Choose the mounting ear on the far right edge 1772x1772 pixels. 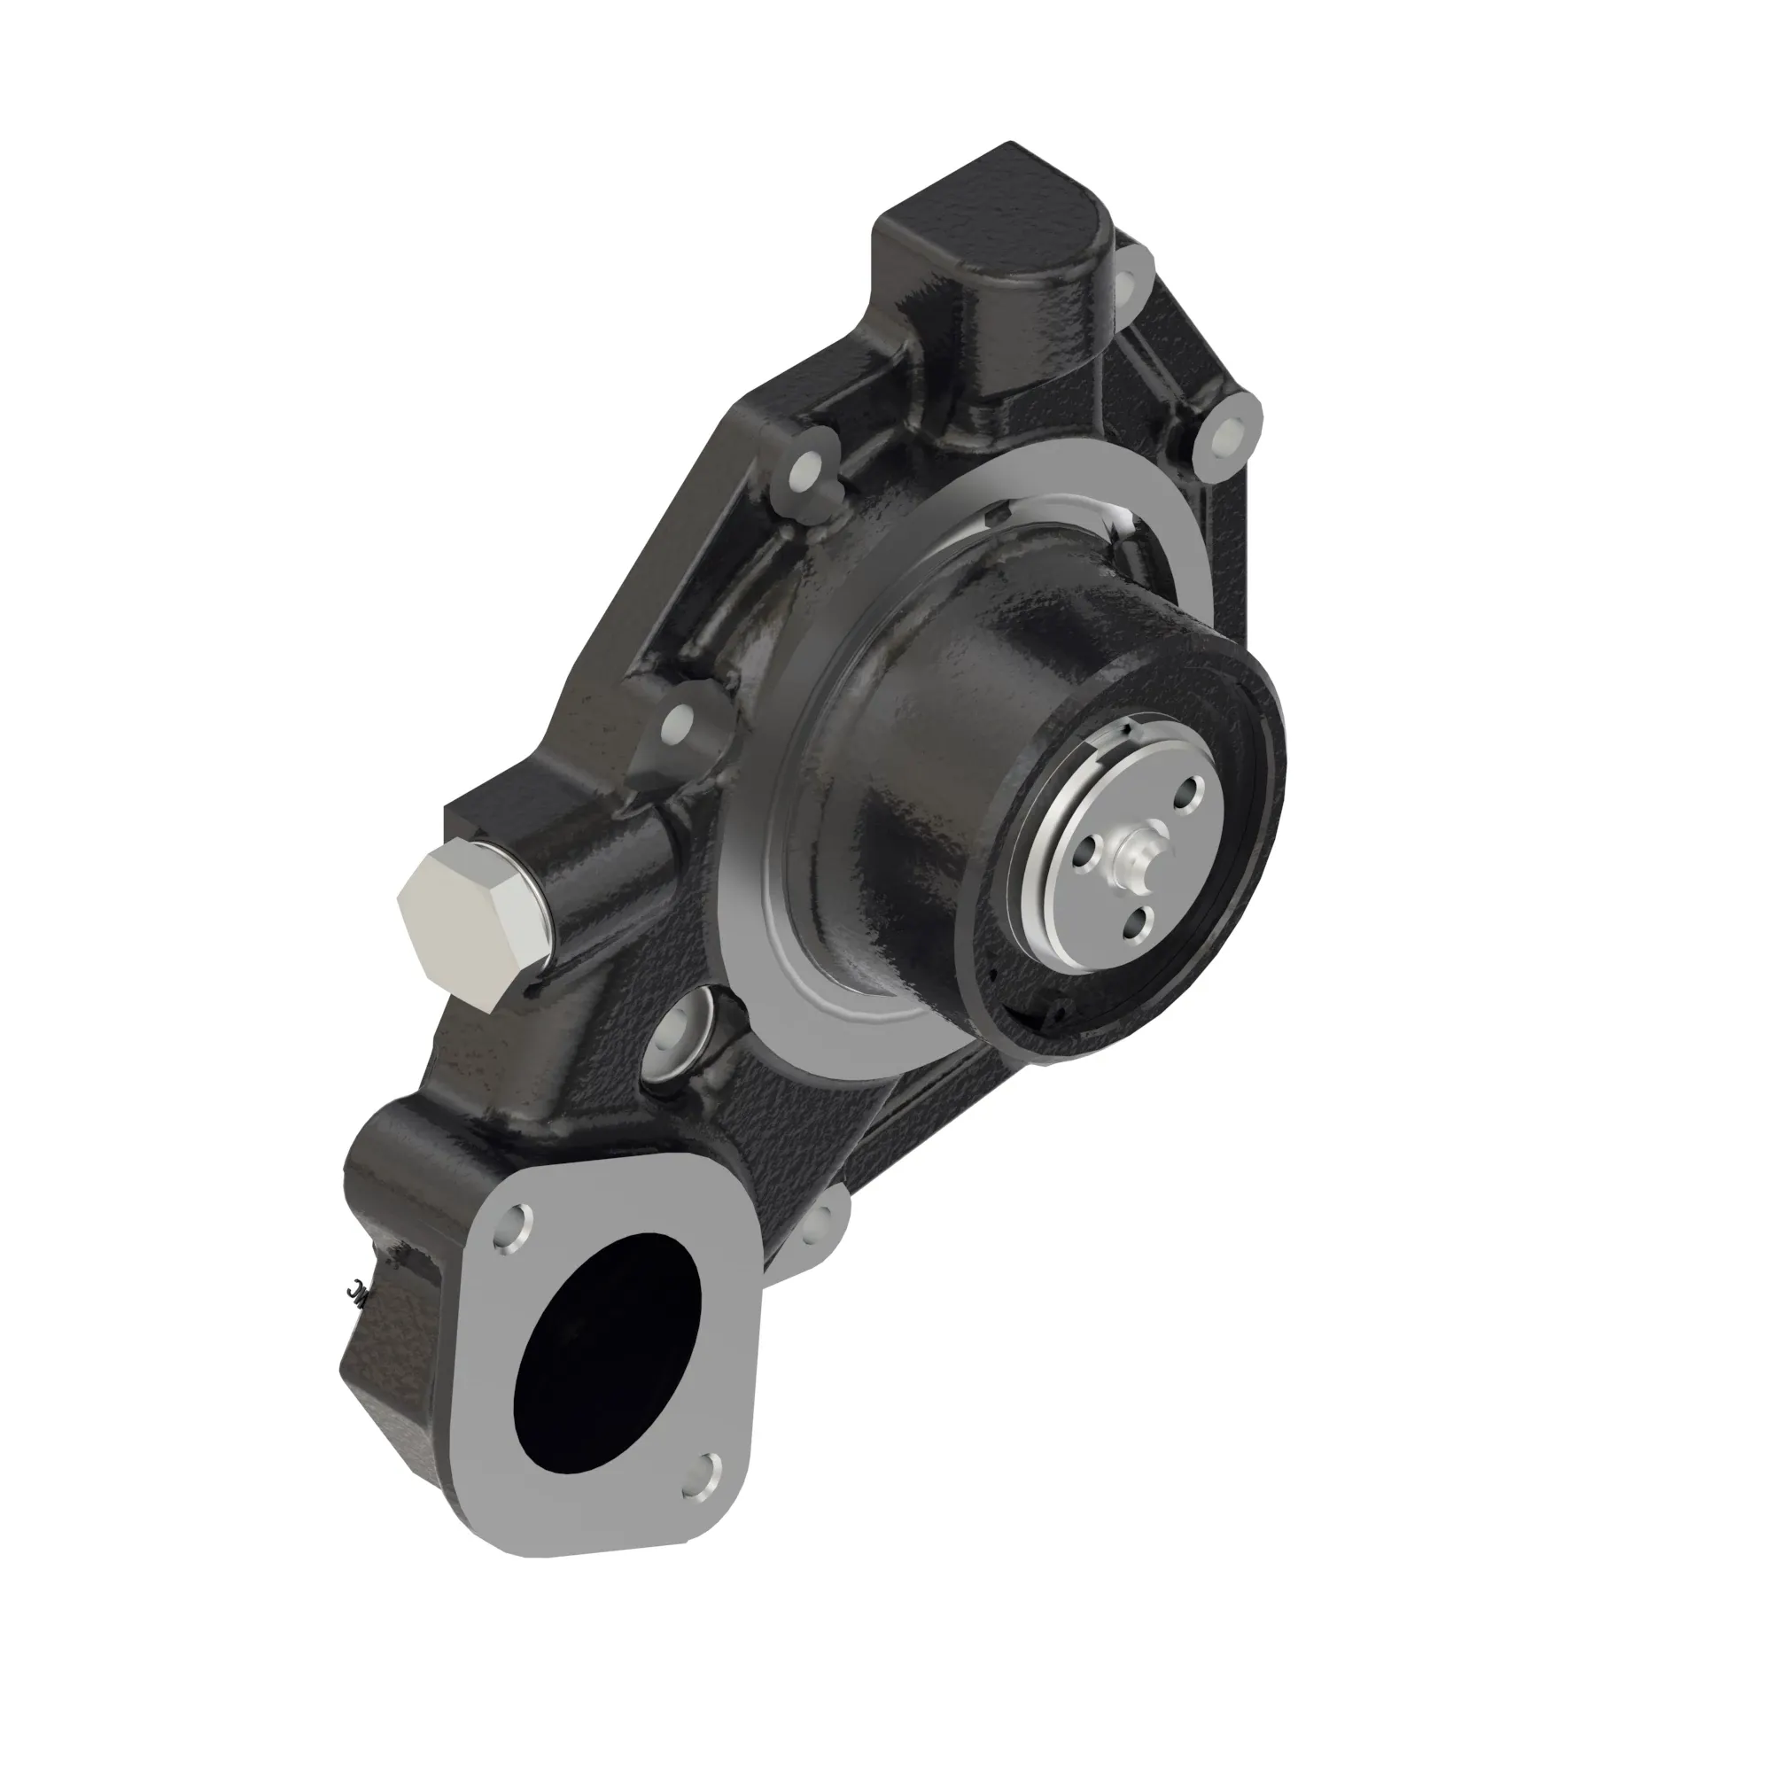[1225, 436]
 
